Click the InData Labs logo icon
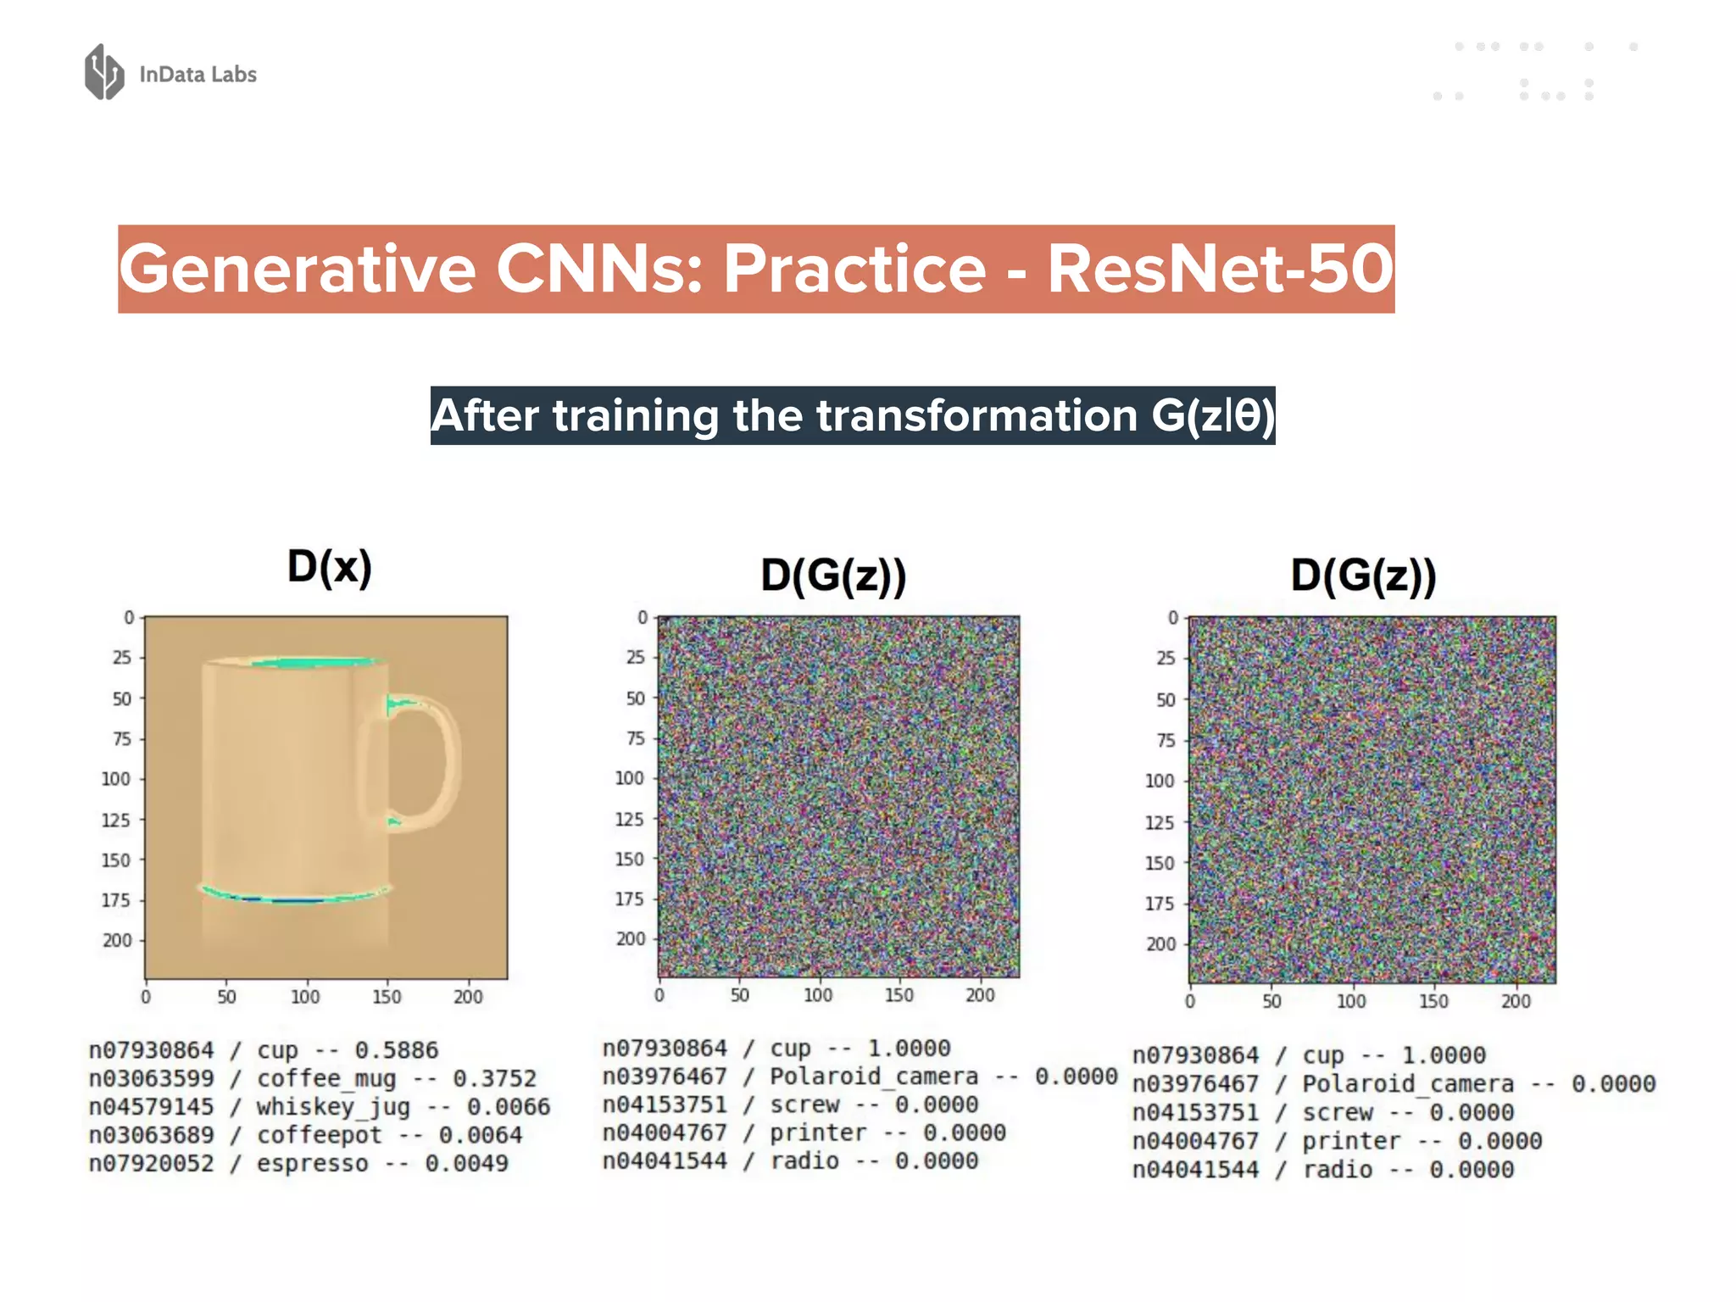click(x=104, y=72)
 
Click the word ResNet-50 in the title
click(x=1220, y=270)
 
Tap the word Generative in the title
click(x=297, y=270)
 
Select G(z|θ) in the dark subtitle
click(x=1212, y=416)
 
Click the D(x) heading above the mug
click(x=329, y=566)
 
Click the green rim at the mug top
click(x=314, y=662)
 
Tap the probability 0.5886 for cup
click(x=396, y=1050)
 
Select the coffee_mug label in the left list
click(x=326, y=1079)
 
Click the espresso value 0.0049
click(x=466, y=1164)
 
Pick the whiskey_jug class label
click(x=333, y=1107)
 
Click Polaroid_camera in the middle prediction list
click(x=873, y=1077)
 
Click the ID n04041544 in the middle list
click(x=665, y=1161)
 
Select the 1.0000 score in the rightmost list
click(x=1443, y=1055)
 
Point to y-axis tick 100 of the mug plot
click(x=116, y=779)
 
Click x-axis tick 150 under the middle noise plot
click(x=899, y=995)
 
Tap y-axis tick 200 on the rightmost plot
click(x=1160, y=944)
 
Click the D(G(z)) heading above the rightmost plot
click(x=1363, y=576)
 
